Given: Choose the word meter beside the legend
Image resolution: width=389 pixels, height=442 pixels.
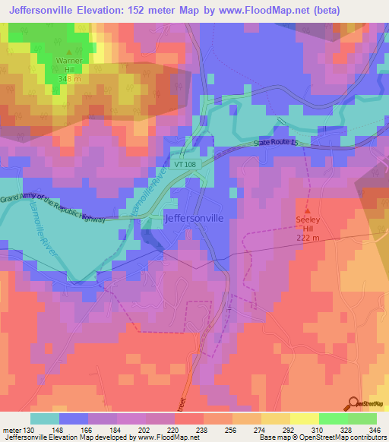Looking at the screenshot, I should tap(11, 429).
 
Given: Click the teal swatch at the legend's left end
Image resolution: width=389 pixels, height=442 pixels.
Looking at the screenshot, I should tap(45, 418).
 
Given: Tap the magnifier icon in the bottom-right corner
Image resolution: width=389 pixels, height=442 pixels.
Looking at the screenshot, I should tap(354, 404).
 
